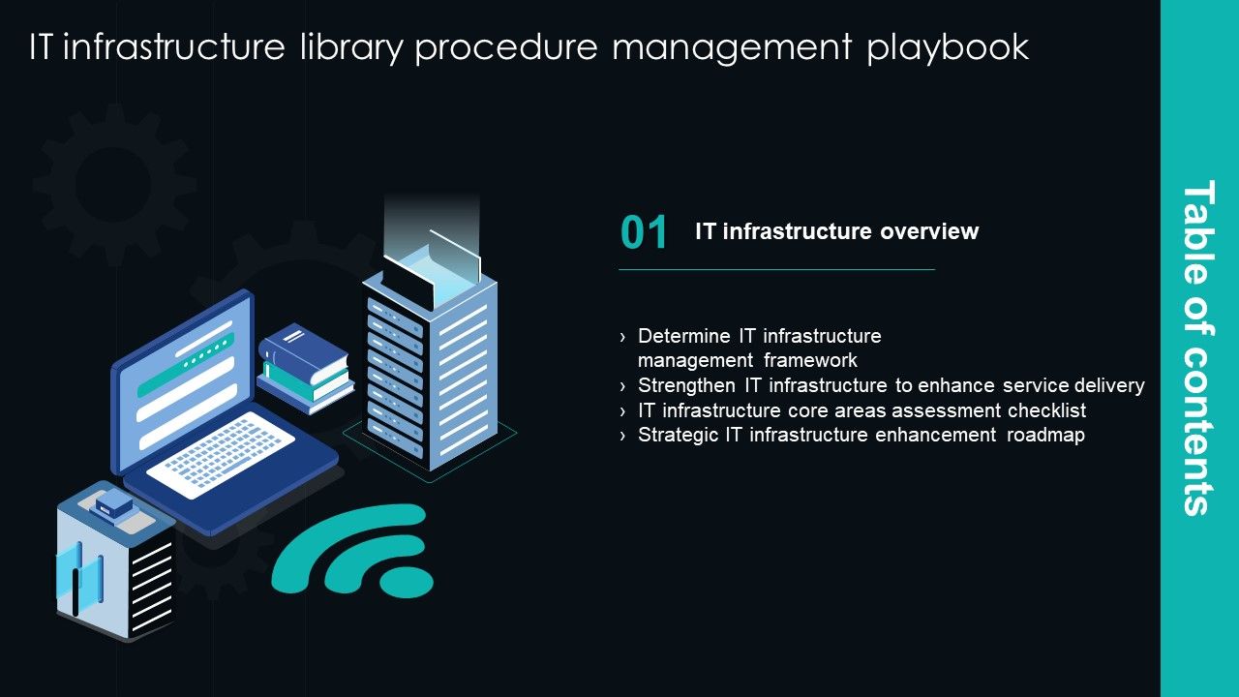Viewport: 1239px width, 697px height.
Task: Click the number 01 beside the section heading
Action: tap(644, 233)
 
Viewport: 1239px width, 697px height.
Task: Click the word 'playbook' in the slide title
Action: tap(948, 47)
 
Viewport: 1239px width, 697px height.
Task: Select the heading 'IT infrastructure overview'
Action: tap(836, 231)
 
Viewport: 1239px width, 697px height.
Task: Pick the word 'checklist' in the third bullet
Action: tap(1041, 410)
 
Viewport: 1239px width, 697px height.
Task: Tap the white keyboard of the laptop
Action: tap(222, 454)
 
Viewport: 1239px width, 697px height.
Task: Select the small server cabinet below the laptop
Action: tap(114, 561)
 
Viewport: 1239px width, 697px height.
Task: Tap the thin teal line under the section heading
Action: tap(776, 269)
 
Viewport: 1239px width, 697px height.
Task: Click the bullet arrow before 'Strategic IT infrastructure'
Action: tap(623, 436)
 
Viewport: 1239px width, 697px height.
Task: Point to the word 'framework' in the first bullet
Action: tap(809, 360)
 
